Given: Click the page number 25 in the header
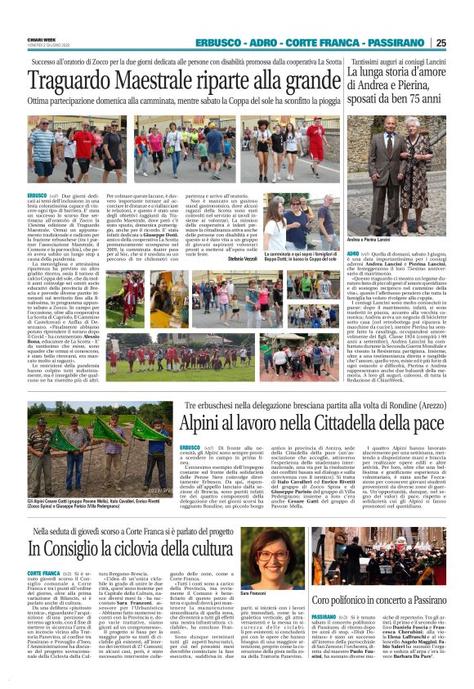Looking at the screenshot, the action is pyautogui.click(x=463, y=43).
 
